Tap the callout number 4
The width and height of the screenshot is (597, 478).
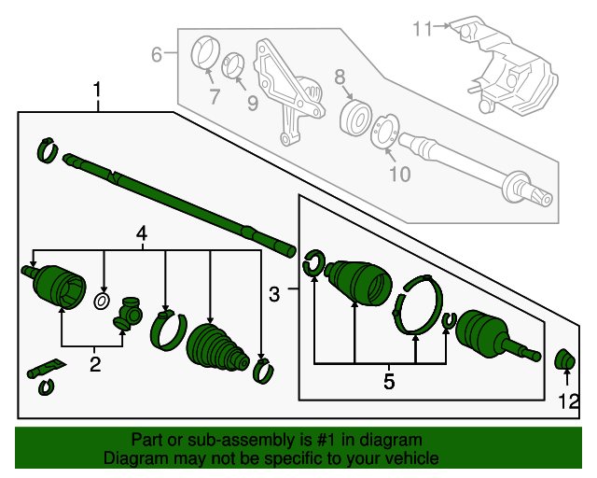point(142,233)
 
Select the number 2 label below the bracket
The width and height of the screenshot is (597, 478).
point(95,364)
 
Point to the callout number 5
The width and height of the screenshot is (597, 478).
point(389,381)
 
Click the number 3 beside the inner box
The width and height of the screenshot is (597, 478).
point(274,295)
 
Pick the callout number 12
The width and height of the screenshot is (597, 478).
point(569,403)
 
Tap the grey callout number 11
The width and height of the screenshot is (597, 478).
point(423,29)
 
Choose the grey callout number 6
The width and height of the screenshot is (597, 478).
point(158,55)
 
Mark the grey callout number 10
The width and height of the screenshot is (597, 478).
point(399,174)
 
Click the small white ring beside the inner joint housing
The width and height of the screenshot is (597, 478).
point(102,302)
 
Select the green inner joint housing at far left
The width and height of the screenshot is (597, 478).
point(55,284)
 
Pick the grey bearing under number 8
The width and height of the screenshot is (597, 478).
point(354,119)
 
